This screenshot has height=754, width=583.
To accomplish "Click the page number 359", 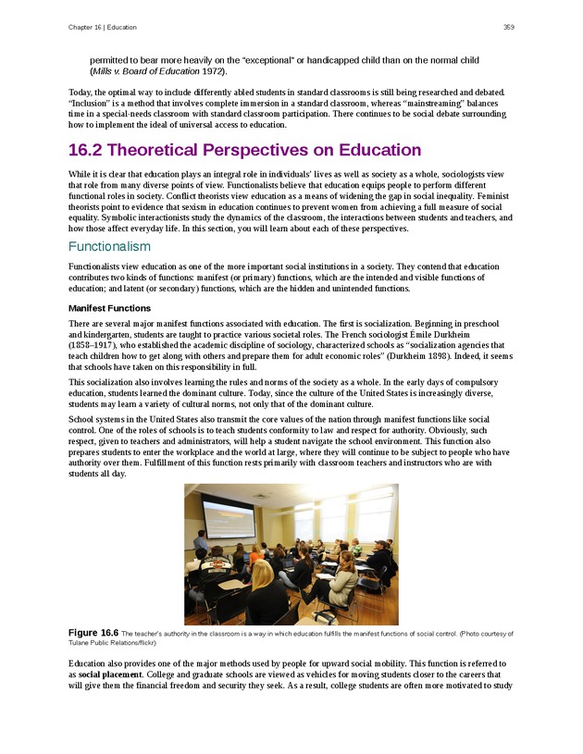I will click(508, 27).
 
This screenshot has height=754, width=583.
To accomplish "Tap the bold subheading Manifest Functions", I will click(109, 308).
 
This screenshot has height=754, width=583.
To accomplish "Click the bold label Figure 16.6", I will click(93, 633).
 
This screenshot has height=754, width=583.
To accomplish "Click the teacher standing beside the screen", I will click(200, 539).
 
